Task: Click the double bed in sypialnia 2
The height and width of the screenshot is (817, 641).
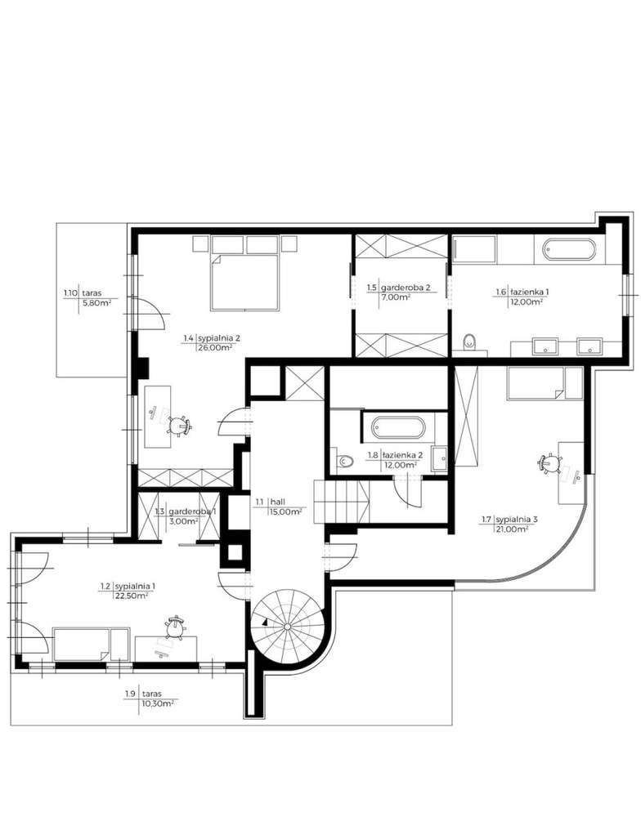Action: coord(244,274)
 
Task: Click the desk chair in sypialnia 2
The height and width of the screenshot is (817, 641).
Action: coord(179,424)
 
